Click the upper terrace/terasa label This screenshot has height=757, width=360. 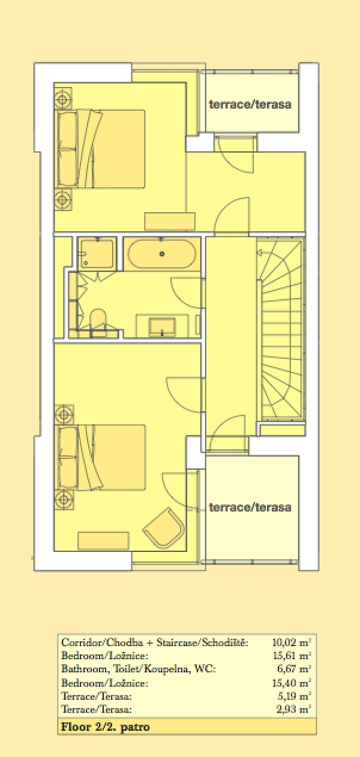point(250,104)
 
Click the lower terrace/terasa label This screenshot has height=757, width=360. point(250,507)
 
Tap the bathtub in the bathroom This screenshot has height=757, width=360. point(162,254)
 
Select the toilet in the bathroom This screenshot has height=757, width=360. point(98,319)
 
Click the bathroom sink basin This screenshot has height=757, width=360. point(162,326)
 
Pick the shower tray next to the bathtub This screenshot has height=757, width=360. point(97,254)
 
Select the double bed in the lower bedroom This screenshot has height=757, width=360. point(101,457)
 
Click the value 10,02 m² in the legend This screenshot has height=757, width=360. point(292,642)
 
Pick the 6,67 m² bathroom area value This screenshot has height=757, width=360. point(293,668)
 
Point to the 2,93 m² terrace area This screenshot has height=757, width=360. point(293,708)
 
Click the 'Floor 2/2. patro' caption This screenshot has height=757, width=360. point(105,727)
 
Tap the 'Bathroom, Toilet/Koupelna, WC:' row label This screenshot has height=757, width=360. point(138,669)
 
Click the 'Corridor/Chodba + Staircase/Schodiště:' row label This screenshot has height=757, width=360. point(155,642)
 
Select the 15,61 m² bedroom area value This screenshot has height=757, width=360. point(292,655)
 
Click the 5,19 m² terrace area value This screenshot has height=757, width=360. point(293,696)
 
